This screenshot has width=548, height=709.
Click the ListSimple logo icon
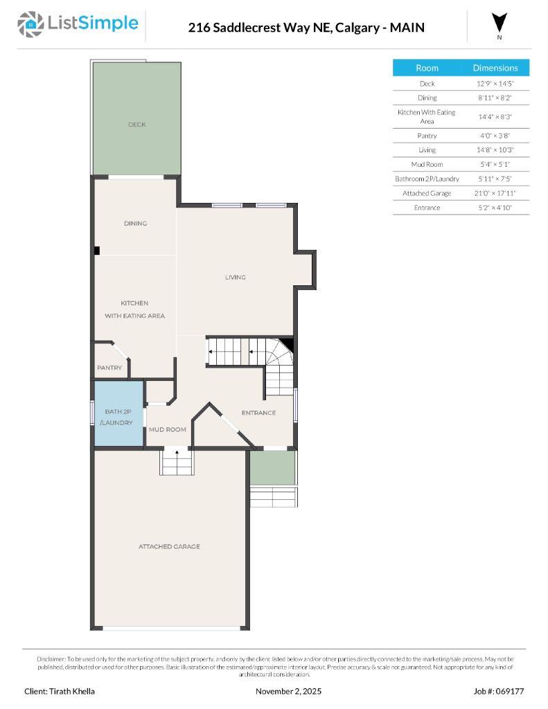(x=30, y=24)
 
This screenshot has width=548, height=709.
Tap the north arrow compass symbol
(x=500, y=23)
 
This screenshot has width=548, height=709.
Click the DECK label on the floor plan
(x=136, y=125)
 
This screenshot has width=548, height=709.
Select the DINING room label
(x=135, y=224)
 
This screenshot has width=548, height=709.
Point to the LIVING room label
(x=236, y=277)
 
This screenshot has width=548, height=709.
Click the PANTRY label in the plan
(x=109, y=368)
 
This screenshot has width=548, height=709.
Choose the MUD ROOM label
(x=168, y=429)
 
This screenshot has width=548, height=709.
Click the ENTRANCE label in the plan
(x=258, y=413)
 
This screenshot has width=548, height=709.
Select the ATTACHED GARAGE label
(x=169, y=546)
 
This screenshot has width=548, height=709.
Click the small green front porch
(x=272, y=467)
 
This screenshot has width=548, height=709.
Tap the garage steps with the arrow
(x=177, y=461)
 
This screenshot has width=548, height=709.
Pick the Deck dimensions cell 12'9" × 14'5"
(x=495, y=83)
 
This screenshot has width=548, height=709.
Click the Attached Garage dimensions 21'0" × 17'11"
(x=495, y=193)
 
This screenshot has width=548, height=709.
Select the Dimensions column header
(x=495, y=68)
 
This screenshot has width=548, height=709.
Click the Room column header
(x=427, y=68)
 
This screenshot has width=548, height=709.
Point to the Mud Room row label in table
(x=427, y=164)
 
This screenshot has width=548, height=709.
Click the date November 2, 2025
(x=288, y=691)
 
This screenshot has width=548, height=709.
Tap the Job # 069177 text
(x=498, y=691)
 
